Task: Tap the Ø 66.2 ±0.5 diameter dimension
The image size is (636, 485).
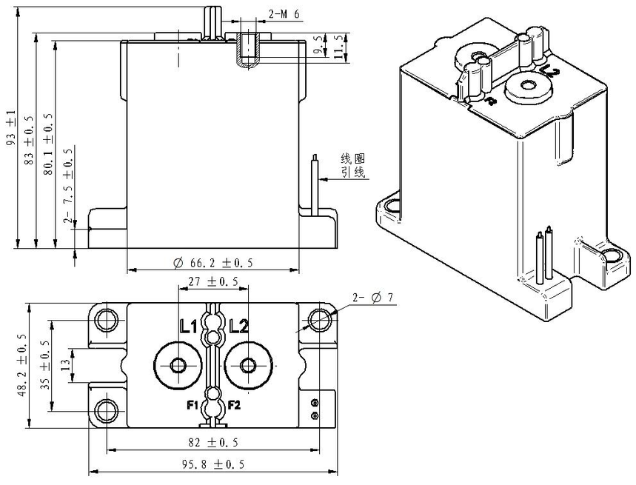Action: tap(212, 263)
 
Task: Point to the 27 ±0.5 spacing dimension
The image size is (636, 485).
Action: tap(213, 281)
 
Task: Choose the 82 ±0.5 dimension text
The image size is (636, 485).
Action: tap(212, 442)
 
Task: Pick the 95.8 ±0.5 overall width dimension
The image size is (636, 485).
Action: tap(212, 464)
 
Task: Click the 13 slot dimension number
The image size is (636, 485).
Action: tap(65, 366)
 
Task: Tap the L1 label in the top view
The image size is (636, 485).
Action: tap(188, 326)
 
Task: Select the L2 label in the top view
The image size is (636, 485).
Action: tap(239, 326)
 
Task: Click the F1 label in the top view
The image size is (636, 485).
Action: tap(192, 405)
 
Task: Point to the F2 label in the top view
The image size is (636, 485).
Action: tap(234, 405)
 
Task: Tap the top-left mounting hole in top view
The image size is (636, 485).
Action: tap(107, 320)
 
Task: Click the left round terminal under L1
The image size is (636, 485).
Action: tap(178, 366)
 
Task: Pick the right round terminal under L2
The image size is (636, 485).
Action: tap(248, 366)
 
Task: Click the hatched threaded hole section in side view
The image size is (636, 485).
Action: tap(247, 47)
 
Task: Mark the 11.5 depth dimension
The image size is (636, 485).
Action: tap(339, 46)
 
